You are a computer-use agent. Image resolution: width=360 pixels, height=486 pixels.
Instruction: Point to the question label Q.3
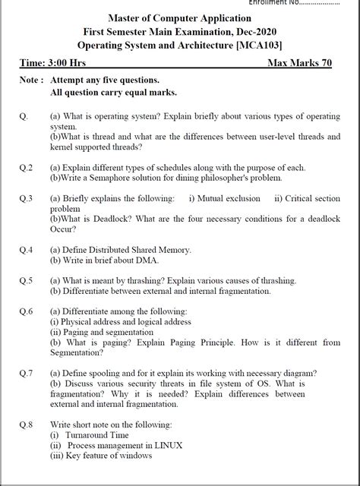[x=26, y=198]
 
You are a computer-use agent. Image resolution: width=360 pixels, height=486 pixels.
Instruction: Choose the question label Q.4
[x=26, y=249]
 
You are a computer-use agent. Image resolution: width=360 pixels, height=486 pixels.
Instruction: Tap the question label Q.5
[x=26, y=280]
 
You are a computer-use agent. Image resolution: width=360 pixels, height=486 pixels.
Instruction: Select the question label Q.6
[x=26, y=311]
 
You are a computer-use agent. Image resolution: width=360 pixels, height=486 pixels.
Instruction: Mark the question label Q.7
[x=26, y=373]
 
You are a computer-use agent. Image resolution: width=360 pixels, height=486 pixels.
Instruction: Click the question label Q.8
[x=26, y=424]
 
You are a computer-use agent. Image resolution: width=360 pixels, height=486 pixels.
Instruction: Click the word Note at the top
[x=30, y=80]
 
